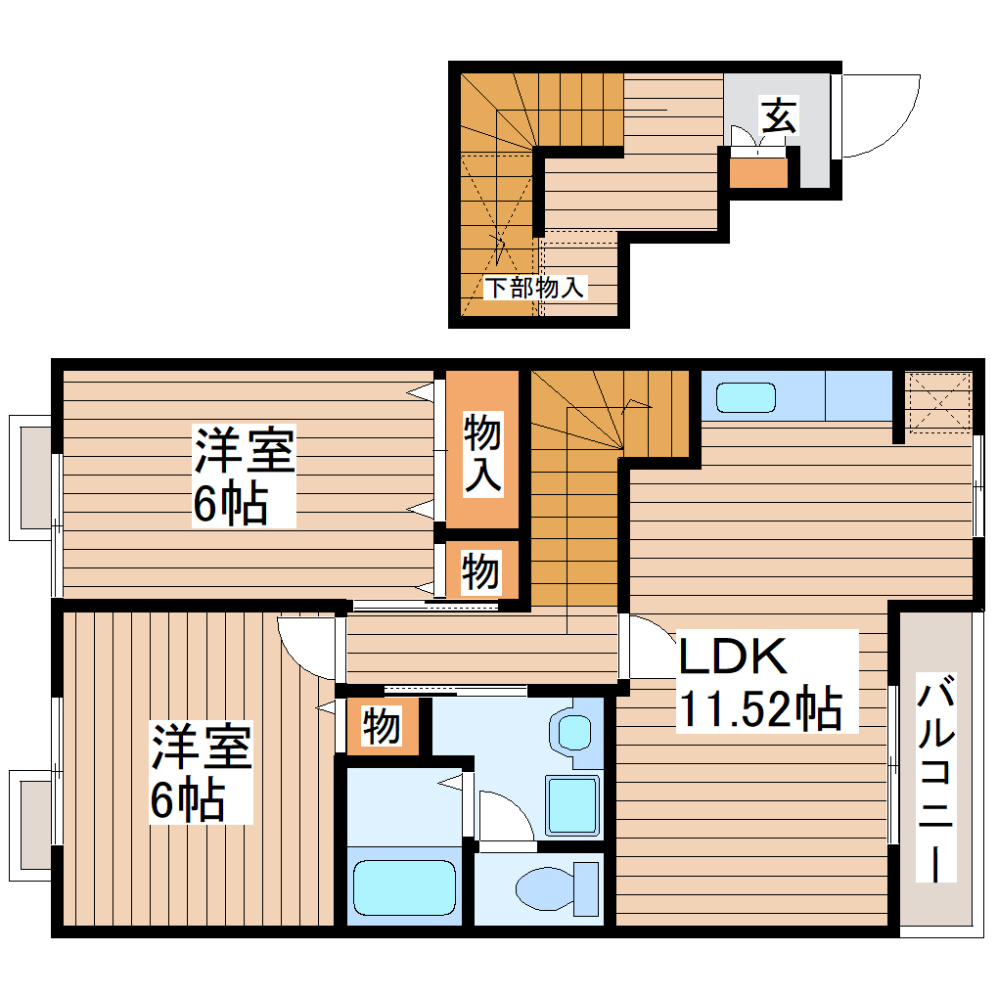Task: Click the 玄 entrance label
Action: click(779, 117)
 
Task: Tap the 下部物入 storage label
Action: click(535, 288)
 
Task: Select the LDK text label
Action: click(734, 657)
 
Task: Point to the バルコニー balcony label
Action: click(936, 778)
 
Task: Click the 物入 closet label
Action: click(482, 451)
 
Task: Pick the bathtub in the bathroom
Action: click(403, 886)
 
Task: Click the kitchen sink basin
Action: click(746, 397)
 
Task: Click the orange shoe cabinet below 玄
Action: click(758, 172)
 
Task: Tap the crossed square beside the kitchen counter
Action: click(937, 400)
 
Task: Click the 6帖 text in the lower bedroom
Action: click(187, 801)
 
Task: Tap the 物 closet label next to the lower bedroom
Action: click(383, 726)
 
